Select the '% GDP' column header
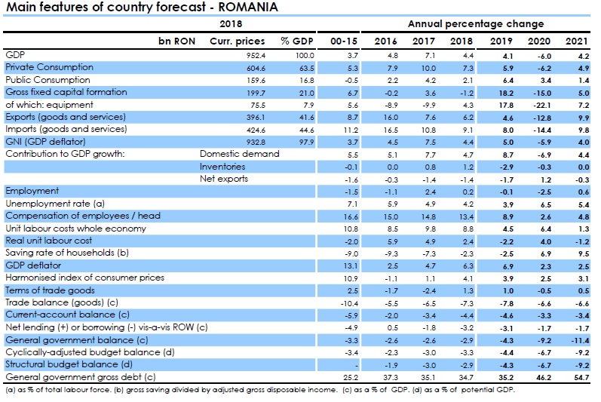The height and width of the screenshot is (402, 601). pos(296,40)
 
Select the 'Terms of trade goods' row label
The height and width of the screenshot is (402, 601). pos(50,290)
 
